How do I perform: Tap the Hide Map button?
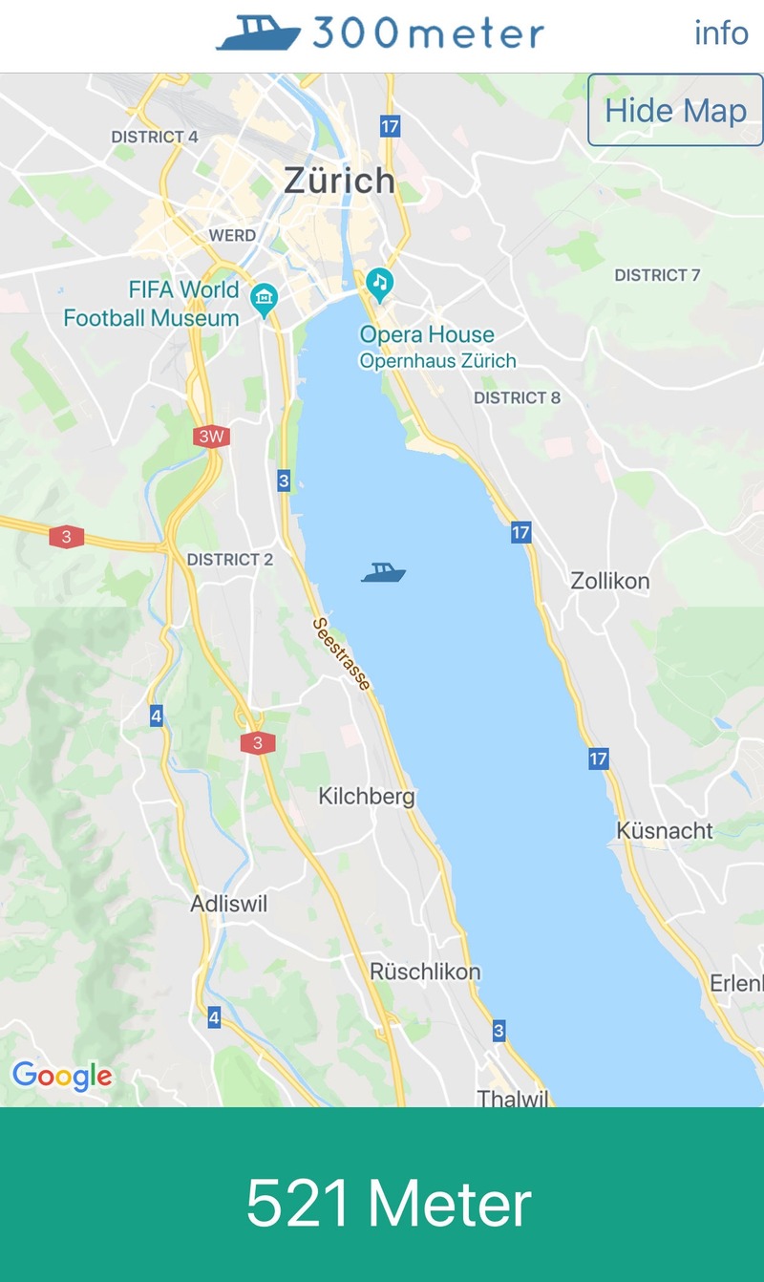[675, 111]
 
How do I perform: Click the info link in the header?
[721, 33]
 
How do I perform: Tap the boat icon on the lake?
[384, 572]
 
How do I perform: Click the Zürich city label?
[339, 181]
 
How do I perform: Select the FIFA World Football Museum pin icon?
[264, 300]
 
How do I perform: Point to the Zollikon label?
[609, 581]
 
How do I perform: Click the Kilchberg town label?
[367, 796]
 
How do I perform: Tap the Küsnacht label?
[665, 830]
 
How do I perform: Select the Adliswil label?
[229, 904]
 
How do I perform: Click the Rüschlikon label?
[425, 972]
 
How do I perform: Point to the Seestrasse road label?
[342, 654]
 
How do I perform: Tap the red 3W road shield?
[211, 438]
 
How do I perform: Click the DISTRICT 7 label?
[657, 275]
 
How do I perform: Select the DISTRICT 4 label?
[155, 137]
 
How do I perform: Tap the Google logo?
[62, 1076]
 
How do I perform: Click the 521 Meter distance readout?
[388, 1203]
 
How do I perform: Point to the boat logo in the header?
[259, 33]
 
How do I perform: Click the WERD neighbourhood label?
[232, 235]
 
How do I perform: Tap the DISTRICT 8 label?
[517, 397]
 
